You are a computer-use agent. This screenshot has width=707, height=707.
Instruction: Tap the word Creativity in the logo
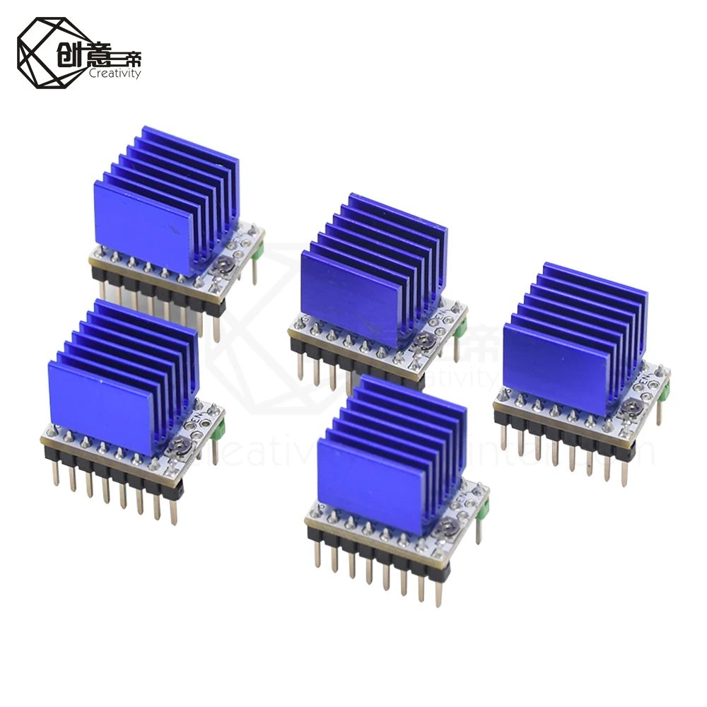click(115, 74)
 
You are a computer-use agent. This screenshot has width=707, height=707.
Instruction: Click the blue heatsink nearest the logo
click(166, 201)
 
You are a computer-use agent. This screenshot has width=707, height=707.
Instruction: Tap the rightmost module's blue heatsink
click(573, 339)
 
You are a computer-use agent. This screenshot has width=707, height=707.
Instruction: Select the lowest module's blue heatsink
click(389, 456)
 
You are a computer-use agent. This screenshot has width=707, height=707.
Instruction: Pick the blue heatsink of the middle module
click(371, 272)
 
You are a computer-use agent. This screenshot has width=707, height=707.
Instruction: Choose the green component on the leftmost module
click(220, 428)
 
